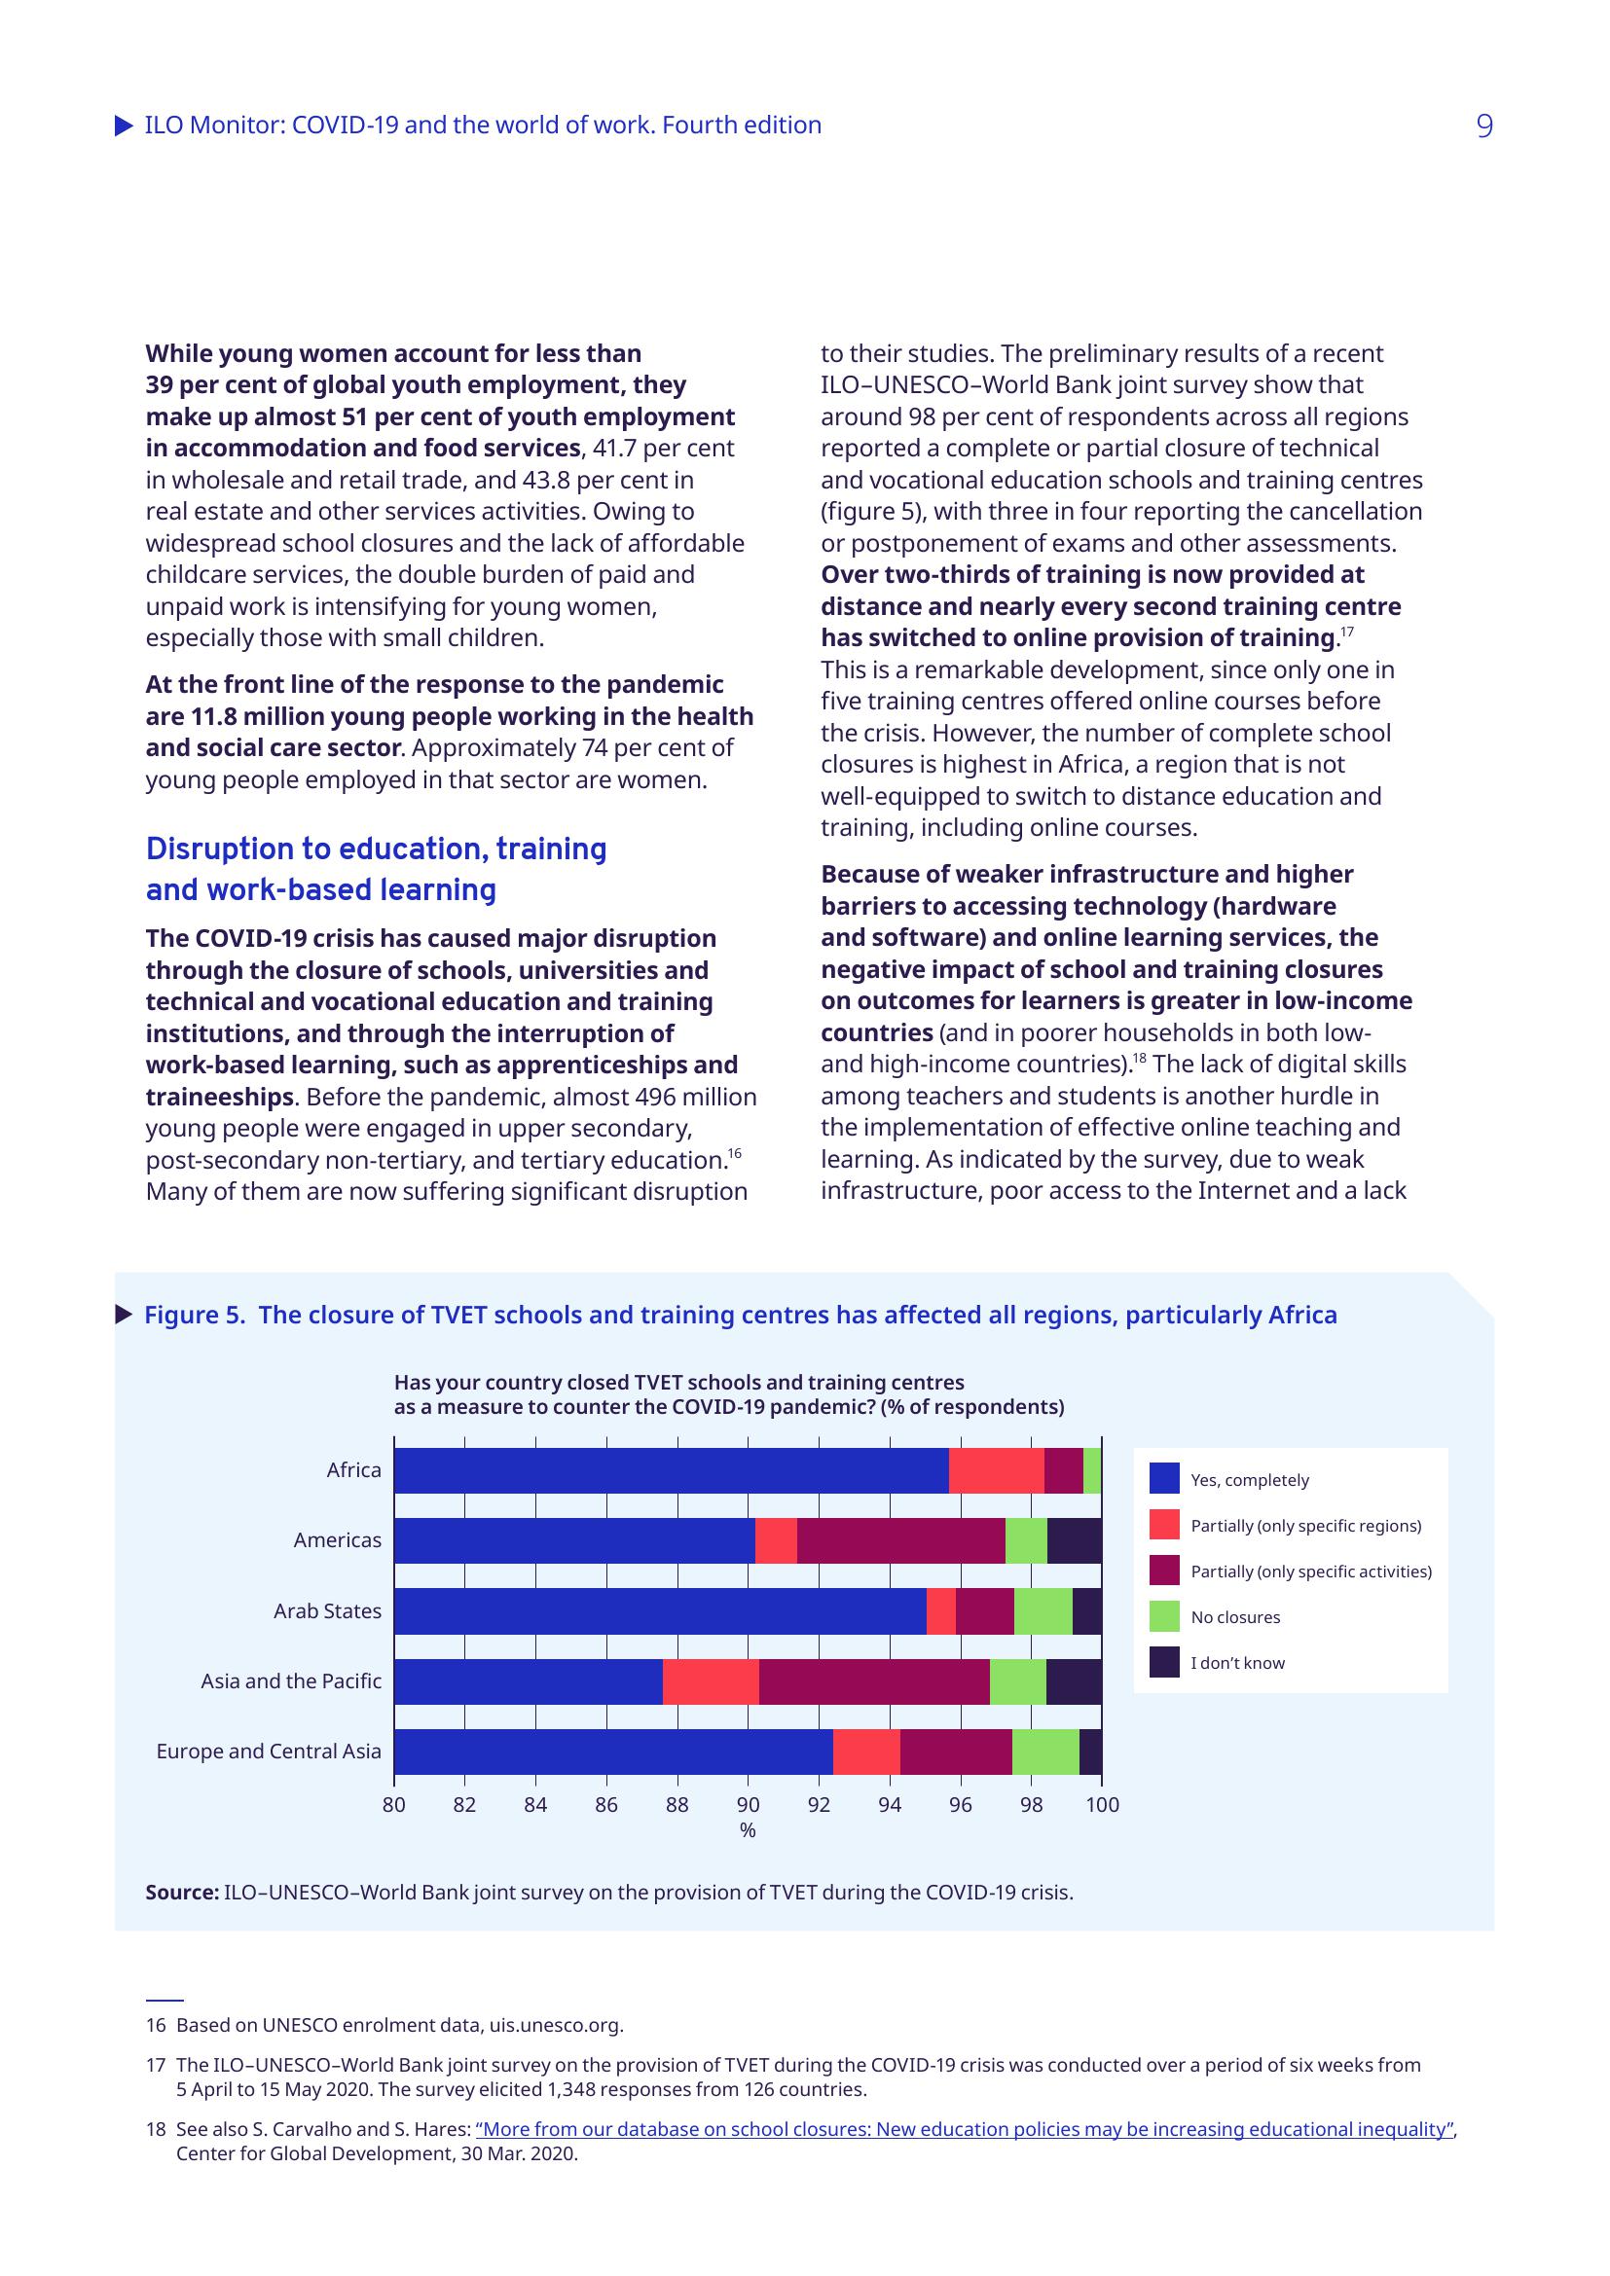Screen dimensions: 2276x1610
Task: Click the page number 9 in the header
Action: tap(1483, 126)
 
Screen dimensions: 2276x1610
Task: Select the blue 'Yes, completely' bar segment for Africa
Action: tap(672, 1470)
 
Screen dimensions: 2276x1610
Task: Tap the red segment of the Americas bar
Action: tap(775, 1540)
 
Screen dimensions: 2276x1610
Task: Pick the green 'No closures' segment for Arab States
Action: tap(1043, 1610)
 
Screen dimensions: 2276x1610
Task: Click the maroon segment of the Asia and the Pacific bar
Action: tap(873, 1681)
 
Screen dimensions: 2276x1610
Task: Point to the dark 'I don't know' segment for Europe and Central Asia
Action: tap(1090, 1752)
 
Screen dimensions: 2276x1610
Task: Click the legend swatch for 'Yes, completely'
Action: tap(1164, 1479)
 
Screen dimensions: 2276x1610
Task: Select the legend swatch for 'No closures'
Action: tap(1164, 1617)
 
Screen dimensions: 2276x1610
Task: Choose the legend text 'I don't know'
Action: tap(1237, 1662)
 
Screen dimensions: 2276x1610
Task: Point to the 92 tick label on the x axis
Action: tap(819, 1805)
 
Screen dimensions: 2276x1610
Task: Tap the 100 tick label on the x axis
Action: tap(1102, 1805)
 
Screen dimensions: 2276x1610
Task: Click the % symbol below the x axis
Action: tap(748, 1831)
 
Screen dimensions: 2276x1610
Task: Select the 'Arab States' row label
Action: tap(327, 1610)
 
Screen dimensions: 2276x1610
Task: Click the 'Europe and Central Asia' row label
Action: tap(269, 1752)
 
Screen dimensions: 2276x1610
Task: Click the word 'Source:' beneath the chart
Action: tap(181, 1893)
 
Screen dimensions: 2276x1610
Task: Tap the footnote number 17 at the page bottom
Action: tap(156, 2065)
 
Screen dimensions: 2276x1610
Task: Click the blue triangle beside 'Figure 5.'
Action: tap(124, 1315)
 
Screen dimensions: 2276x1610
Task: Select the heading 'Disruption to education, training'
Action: tap(376, 849)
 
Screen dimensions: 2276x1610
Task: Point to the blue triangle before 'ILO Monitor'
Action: tap(124, 126)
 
